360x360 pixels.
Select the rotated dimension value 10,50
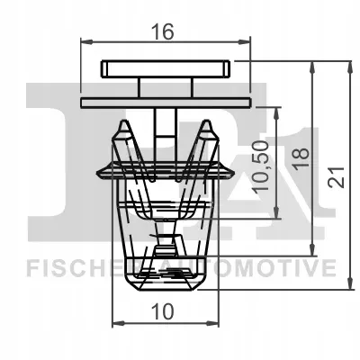(x=260, y=166)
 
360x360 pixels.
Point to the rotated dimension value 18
(x=301, y=158)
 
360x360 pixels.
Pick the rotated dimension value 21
(x=337, y=177)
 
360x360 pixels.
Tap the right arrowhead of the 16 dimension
(x=244, y=42)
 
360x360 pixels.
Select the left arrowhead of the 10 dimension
(x=118, y=323)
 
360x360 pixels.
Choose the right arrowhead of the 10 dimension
(x=212, y=323)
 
